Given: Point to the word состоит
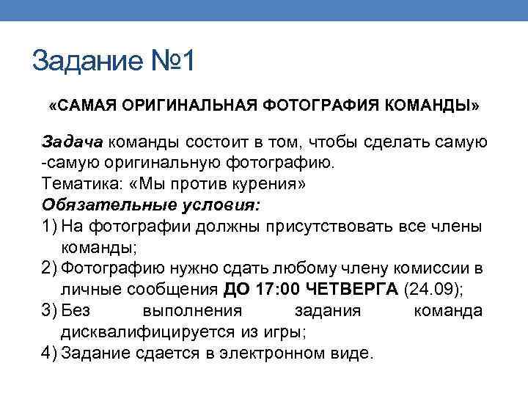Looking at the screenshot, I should [224, 141].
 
